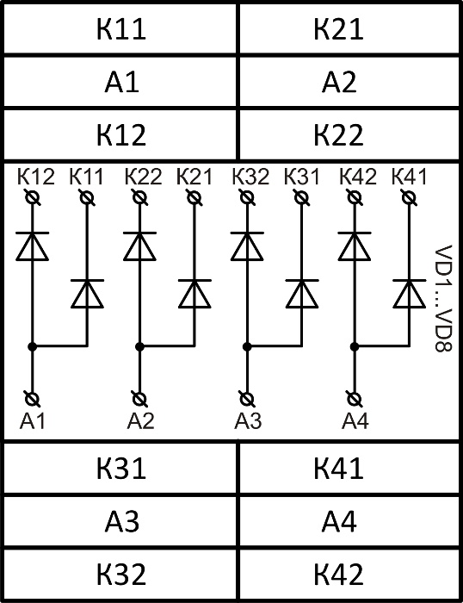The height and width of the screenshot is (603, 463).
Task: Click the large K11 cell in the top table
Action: pyautogui.click(x=120, y=28)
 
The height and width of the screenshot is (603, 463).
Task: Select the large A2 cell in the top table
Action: pyautogui.click(x=349, y=82)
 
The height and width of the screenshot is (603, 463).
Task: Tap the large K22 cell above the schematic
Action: pyautogui.click(x=349, y=135)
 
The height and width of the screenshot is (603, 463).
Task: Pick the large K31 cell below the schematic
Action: pyautogui.click(x=120, y=468)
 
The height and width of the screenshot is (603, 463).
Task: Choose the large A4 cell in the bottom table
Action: pyautogui.click(x=349, y=521)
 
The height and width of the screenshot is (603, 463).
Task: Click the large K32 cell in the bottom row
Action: pyautogui.click(x=120, y=575)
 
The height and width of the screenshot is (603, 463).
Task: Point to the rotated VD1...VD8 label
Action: pyautogui.click(x=443, y=298)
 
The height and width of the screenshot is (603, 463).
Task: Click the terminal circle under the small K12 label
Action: pyautogui.click(x=33, y=197)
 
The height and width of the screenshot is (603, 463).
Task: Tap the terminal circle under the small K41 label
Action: pyautogui.click(x=409, y=197)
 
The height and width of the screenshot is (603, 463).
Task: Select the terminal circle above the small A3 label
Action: pyautogui.click(x=247, y=399)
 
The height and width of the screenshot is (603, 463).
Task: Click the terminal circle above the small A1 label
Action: pyautogui.click(x=33, y=399)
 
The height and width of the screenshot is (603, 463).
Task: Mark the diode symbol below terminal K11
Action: pyautogui.click(x=87, y=294)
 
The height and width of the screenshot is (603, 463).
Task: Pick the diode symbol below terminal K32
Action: pyautogui.click(x=247, y=246)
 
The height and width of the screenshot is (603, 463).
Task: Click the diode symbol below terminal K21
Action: pyautogui.click(x=194, y=294)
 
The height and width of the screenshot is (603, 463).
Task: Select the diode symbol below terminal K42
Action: pyautogui.click(x=355, y=246)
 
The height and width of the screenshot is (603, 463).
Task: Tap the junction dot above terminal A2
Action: pyautogui.click(x=140, y=346)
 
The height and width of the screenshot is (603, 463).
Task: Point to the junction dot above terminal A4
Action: pyautogui.click(x=355, y=346)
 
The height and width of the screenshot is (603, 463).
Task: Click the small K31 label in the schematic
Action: pyautogui.click(x=302, y=177)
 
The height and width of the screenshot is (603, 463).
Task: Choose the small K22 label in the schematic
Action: pyautogui.click(x=143, y=177)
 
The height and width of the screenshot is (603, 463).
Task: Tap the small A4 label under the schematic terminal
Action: pyautogui.click(x=355, y=420)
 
